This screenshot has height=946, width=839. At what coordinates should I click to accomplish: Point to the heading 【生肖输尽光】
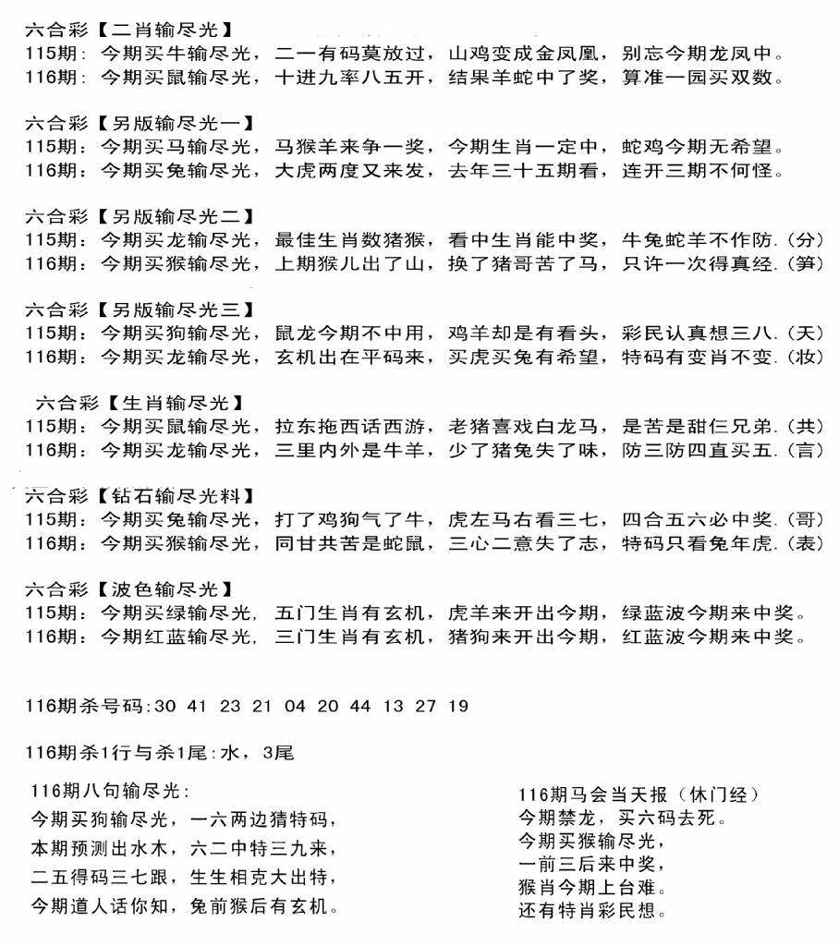[175, 403]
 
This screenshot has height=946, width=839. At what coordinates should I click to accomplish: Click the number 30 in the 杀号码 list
[167, 707]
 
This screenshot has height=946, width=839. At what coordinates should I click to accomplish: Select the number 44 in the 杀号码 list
[361, 707]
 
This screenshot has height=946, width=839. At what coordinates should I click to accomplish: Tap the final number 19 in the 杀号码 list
[458, 707]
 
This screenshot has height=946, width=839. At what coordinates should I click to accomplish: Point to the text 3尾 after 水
[278, 753]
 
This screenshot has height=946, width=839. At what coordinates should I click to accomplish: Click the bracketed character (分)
[807, 240]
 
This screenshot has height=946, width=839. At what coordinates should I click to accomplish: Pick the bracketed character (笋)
[807, 263]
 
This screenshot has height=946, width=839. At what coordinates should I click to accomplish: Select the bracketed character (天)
[807, 333]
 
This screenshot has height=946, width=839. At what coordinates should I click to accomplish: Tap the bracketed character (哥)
[807, 518]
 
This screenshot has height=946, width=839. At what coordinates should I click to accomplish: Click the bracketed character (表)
[807, 544]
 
